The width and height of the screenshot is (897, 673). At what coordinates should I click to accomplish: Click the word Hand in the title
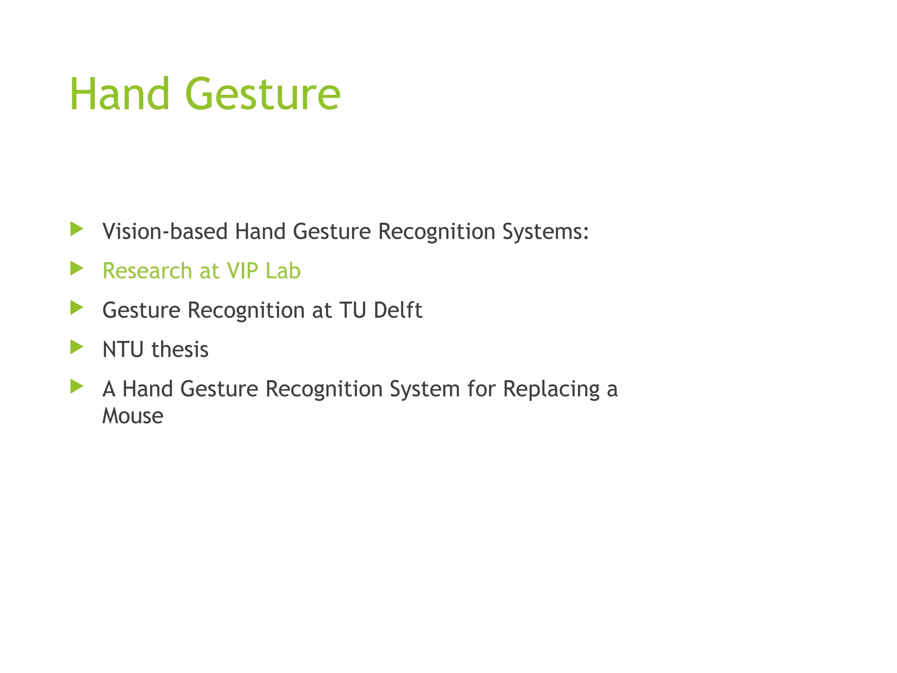[x=120, y=94]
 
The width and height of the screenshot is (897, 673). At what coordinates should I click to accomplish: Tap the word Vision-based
[x=165, y=231]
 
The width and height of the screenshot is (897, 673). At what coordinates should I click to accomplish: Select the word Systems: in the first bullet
[x=545, y=232]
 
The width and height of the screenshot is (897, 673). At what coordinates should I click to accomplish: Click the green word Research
[x=147, y=271]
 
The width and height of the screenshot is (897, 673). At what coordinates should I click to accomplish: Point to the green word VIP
[x=242, y=271]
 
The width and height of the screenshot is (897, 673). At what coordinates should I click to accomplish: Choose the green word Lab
[x=283, y=271]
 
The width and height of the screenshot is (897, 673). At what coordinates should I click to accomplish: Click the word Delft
[x=398, y=310]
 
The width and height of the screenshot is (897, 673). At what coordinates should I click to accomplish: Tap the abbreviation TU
[x=353, y=310]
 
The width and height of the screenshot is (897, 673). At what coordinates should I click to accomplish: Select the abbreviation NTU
[x=123, y=350]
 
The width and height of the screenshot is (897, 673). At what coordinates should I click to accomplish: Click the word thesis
[x=180, y=350]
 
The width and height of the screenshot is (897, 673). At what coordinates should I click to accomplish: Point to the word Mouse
[x=133, y=416]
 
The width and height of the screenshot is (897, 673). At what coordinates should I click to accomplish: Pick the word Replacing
[x=551, y=390]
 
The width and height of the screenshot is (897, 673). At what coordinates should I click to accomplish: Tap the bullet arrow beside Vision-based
[x=77, y=229]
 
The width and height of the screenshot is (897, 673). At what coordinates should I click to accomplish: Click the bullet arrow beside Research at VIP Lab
[x=77, y=268]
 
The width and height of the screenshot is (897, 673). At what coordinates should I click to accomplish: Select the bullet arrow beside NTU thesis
[x=77, y=347]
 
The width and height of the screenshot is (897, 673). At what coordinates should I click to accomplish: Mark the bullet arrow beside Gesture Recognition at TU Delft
[x=77, y=308]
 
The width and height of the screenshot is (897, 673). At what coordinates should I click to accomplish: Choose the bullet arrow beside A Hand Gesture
[x=77, y=386]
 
